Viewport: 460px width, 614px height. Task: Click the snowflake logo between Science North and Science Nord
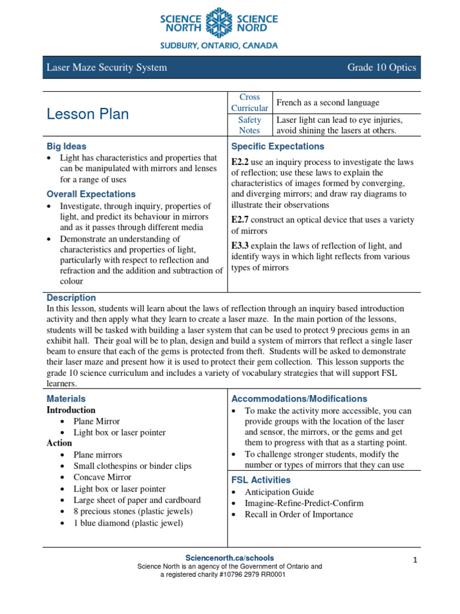point(219,23)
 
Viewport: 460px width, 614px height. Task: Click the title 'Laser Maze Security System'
point(107,67)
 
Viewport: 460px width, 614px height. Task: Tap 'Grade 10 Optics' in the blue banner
point(381,67)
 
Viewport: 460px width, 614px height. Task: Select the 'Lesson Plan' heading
point(87,114)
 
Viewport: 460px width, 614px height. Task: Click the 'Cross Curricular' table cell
point(250,103)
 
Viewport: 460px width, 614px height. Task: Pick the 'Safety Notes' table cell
point(250,125)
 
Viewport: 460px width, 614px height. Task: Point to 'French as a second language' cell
point(328,103)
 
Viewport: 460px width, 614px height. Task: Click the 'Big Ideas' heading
point(66,146)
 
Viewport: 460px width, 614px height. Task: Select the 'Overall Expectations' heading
point(91,194)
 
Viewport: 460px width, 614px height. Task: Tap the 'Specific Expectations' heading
point(277,146)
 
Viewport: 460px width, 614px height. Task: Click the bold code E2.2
point(240,162)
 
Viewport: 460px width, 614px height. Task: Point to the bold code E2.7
point(240,220)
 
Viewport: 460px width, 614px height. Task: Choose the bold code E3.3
point(240,246)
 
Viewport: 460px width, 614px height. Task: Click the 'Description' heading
point(71,297)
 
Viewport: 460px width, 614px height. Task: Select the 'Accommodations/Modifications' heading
point(299,399)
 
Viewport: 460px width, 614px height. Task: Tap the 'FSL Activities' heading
point(261,480)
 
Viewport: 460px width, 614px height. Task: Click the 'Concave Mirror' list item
point(102,477)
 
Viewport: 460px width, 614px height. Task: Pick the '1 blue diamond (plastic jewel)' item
point(128,523)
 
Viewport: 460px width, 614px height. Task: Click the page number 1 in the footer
point(414,560)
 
